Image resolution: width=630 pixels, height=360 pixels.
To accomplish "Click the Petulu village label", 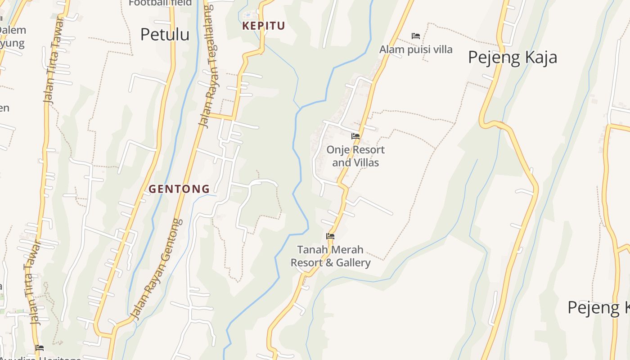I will [165, 34].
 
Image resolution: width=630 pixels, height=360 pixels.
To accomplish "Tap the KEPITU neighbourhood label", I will [264, 26].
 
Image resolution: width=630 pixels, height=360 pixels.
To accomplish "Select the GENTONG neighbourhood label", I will [179, 189].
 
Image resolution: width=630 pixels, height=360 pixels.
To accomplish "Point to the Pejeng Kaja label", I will [513, 57].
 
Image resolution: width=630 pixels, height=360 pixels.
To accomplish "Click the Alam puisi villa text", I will [416, 49].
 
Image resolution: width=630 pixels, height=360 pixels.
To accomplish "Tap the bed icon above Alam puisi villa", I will [416, 36].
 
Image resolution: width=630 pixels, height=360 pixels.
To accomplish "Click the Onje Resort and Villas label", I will [355, 156].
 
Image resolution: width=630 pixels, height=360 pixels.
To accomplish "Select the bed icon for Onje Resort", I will [355, 136].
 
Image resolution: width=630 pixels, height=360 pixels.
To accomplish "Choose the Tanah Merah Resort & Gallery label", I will [330, 256].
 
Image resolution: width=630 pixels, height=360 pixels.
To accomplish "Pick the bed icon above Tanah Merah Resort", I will [330, 236].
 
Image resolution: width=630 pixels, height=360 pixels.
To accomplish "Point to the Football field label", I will [160, 3].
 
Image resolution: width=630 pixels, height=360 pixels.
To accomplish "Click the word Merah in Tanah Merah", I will [346, 249].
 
